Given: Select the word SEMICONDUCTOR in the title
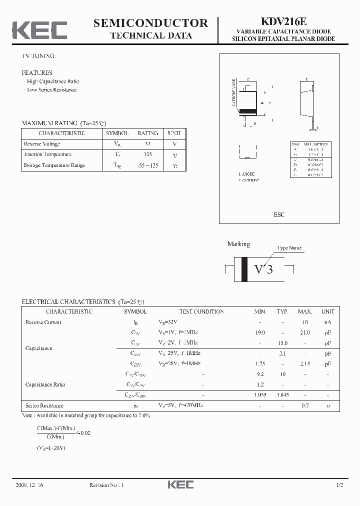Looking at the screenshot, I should pos(150,22).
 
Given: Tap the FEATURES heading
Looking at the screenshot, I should pos(37,73).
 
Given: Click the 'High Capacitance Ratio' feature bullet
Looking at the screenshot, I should pos(52,81).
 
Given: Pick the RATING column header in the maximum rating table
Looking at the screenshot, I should pos(147,133).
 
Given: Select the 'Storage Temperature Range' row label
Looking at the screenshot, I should pos(54,165).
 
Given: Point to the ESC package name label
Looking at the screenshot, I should pos(279,214).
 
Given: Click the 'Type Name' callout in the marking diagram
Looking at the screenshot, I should pos(289,248).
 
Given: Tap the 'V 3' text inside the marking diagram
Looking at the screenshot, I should pos(263,269).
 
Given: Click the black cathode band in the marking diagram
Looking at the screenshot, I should pos(244,269).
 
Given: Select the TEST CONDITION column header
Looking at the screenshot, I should pos(201,311).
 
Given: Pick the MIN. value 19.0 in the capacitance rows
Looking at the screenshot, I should pos(260,332).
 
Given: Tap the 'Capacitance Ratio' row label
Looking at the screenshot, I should pos(45,384).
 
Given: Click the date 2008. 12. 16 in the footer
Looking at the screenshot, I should pos(29,485).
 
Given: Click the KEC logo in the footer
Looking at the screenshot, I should pos(180,485).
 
